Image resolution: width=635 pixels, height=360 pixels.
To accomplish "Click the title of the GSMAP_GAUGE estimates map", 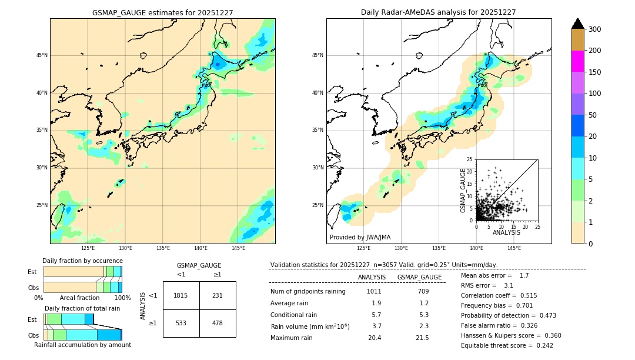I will [162, 12].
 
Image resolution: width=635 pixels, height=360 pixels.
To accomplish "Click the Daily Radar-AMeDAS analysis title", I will [439, 12].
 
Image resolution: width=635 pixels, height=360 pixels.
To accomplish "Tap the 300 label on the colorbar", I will [594, 29].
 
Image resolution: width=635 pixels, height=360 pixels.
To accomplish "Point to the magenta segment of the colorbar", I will [578, 61].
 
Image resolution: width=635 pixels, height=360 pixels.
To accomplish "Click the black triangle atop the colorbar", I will [578, 24].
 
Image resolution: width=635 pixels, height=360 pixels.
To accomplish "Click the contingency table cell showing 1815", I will [181, 295].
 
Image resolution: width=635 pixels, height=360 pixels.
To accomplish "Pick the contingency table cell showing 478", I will [218, 323].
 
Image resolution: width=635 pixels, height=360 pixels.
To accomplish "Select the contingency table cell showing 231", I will [218, 295].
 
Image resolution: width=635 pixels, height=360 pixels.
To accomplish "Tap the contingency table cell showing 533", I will [181, 323].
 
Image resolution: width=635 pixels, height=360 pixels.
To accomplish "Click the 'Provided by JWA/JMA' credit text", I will [360, 238].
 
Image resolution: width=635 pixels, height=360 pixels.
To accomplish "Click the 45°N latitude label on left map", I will [42, 55].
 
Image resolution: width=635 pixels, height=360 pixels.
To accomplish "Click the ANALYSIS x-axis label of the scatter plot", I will [506, 232].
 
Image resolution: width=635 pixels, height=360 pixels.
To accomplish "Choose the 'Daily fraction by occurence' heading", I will [82, 261].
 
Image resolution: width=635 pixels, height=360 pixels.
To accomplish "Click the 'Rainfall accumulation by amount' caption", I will [82, 345].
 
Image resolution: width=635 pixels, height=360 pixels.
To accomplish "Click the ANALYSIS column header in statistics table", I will [372, 277].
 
